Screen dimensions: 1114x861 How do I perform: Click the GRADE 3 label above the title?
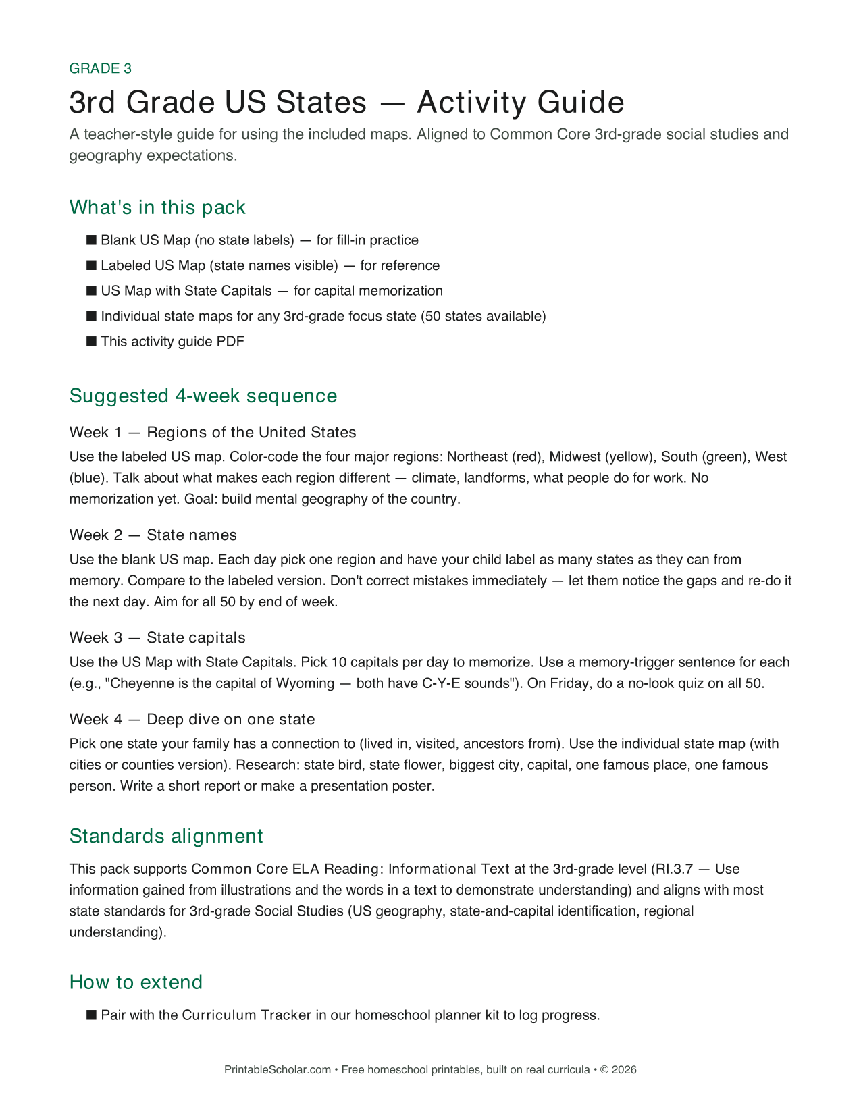point(100,68)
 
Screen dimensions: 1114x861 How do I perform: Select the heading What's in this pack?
point(157,207)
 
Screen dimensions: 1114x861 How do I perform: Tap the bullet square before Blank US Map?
point(92,240)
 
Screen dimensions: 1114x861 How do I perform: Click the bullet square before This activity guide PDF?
point(92,341)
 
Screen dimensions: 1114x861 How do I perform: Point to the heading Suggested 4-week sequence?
point(203,396)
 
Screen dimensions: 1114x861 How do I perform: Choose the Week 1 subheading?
point(213,432)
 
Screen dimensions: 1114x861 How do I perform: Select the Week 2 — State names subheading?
point(153,535)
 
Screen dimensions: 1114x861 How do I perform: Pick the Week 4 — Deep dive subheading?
point(192,719)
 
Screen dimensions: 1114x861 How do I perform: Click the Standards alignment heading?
point(166,836)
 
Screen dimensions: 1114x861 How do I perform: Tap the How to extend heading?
point(136,982)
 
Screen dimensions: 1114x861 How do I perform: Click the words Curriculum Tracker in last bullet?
point(246,1015)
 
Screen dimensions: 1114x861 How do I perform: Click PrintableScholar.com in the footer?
point(278,1069)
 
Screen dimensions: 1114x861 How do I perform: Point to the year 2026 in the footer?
point(624,1069)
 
